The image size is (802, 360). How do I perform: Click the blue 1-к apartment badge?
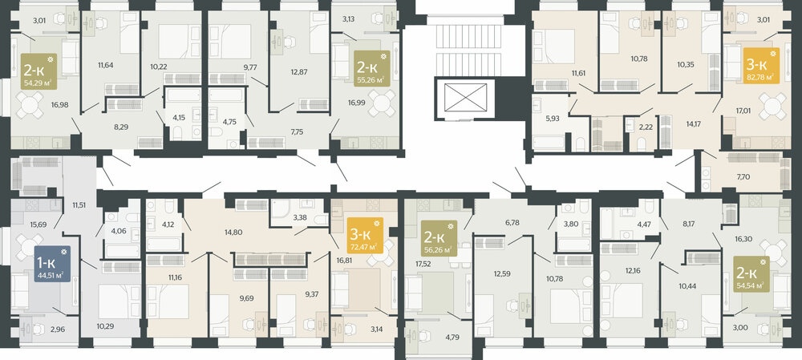pyautogui.click(x=53, y=263)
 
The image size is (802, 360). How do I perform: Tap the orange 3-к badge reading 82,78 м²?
pyautogui.click(x=761, y=66)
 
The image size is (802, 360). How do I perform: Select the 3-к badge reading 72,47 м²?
pyautogui.click(x=365, y=235)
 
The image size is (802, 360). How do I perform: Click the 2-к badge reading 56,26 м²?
pyautogui.click(x=439, y=238)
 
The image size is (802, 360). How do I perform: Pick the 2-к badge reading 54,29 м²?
pyautogui.click(x=39, y=71)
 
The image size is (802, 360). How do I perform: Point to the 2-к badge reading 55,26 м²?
pyautogui.click(x=372, y=68)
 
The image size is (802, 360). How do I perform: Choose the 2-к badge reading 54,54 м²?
pyautogui.click(x=751, y=273)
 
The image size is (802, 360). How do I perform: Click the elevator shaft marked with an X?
pyautogui.click(x=465, y=97)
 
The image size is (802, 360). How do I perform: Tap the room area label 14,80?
pyautogui.click(x=233, y=233)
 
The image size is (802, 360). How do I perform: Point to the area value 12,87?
pyautogui.click(x=298, y=71)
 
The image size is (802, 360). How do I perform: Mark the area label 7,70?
pyautogui.click(x=742, y=177)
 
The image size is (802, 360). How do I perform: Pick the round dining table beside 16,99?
pyautogui.click(x=382, y=103)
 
